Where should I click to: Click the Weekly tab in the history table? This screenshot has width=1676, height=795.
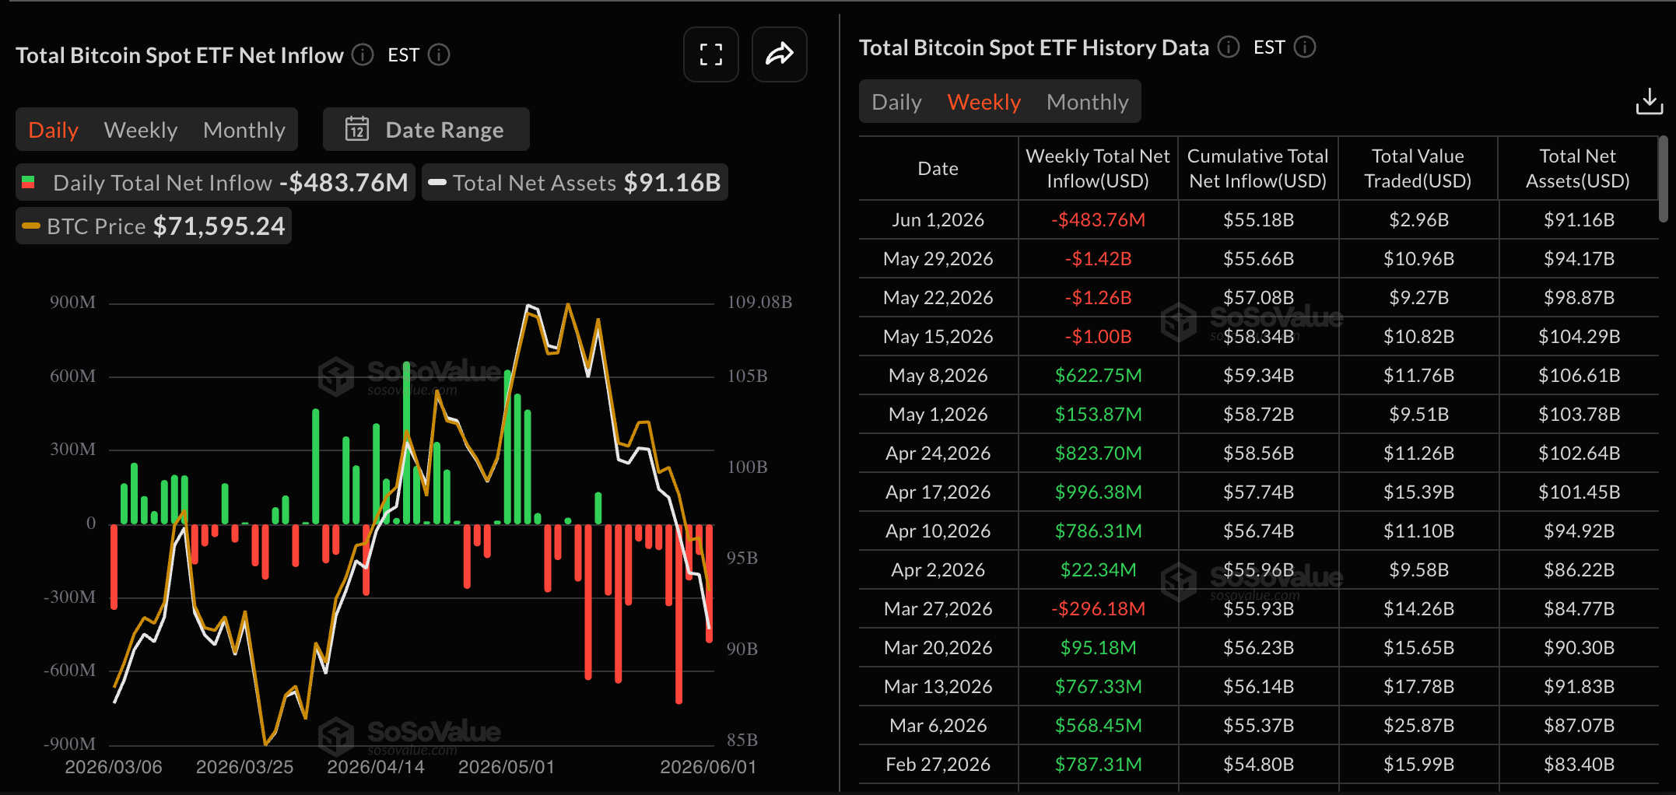984,102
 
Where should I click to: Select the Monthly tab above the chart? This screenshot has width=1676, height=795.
244,130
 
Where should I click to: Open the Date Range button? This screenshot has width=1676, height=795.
426,129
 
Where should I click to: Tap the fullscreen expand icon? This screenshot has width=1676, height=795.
710,54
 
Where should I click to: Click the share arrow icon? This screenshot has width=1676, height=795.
779,54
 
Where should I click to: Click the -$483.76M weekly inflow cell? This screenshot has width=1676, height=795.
1098,220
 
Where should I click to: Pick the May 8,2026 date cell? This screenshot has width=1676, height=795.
938,376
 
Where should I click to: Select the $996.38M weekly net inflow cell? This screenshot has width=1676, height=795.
1098,492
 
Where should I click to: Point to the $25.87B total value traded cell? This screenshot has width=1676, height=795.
1418,726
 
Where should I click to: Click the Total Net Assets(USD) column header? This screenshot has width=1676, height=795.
1577,169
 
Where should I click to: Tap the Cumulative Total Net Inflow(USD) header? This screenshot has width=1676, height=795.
1257,169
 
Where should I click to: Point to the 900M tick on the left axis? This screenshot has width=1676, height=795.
73,302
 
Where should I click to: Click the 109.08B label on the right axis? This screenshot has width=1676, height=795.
759,302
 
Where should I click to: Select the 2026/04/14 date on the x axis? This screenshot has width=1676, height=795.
376,767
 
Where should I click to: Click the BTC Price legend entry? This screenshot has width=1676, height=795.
154,226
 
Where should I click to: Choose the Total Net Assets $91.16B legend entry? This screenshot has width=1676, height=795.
575,182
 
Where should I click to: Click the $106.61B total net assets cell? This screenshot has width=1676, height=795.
1579,376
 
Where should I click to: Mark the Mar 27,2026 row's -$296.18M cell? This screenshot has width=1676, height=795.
1098,609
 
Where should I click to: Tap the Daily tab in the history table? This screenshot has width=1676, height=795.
896,102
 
